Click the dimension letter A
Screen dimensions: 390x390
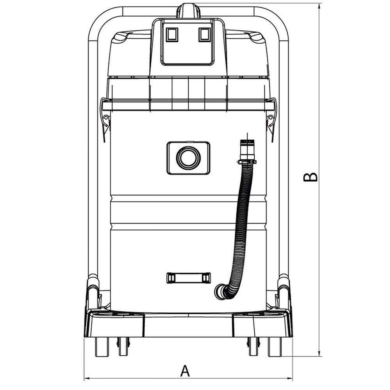tap(185, 371)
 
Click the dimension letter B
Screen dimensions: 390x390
tap(310, 177)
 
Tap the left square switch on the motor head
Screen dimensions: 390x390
tap(172, 35)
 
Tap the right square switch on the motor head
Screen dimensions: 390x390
tap(204, 35)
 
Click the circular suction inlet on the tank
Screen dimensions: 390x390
tap(188, 158)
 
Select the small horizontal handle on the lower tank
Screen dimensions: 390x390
tap(188, 277)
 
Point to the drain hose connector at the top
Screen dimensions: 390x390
tap(246, 150)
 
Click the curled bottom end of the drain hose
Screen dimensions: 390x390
tap(222, 292)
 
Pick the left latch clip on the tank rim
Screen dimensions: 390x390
tap(105, 121)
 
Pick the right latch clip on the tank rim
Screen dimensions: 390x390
tap(271, 121)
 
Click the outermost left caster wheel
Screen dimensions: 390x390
tap(101, 346)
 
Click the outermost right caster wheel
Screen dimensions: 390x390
tap(275, 346)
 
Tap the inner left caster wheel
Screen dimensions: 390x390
tap(124, 346)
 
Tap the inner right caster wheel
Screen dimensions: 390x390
tap(253, 346)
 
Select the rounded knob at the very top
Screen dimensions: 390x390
tap(188, 10)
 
